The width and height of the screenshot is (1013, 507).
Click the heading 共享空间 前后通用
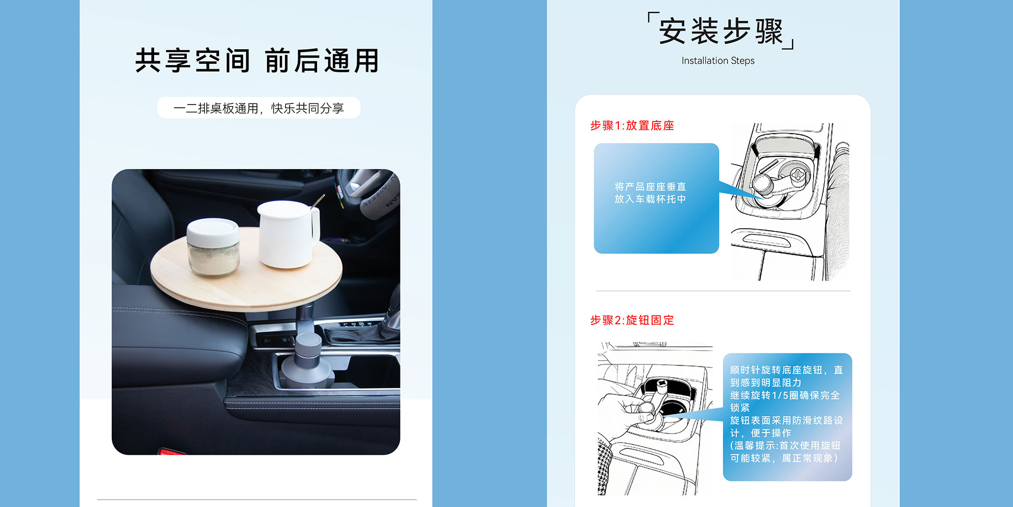click(x=257, y=61)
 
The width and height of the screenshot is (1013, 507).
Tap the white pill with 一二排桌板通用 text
click(x=259, y=108)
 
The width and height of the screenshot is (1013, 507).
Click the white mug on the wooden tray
click(x=288, y=234)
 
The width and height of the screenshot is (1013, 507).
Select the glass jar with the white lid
click(x=214, y=247)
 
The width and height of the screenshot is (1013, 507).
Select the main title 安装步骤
click(x=721, y=31)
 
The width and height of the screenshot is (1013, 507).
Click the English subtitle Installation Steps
click(x=718, y=61)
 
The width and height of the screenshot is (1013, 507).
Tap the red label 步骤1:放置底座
click(x=632, y=126)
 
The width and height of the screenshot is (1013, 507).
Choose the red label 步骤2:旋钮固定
click(x=632, y=320)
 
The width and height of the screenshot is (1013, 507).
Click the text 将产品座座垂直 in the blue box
click(x=650, y=186)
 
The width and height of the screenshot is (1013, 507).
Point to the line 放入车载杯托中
click(x=650, y=199)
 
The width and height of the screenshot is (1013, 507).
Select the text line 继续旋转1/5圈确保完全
click(x=785, y=395)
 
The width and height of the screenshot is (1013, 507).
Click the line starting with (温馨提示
click(x=785, y=445)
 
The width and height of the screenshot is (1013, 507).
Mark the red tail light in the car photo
click(x=173, y=452)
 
